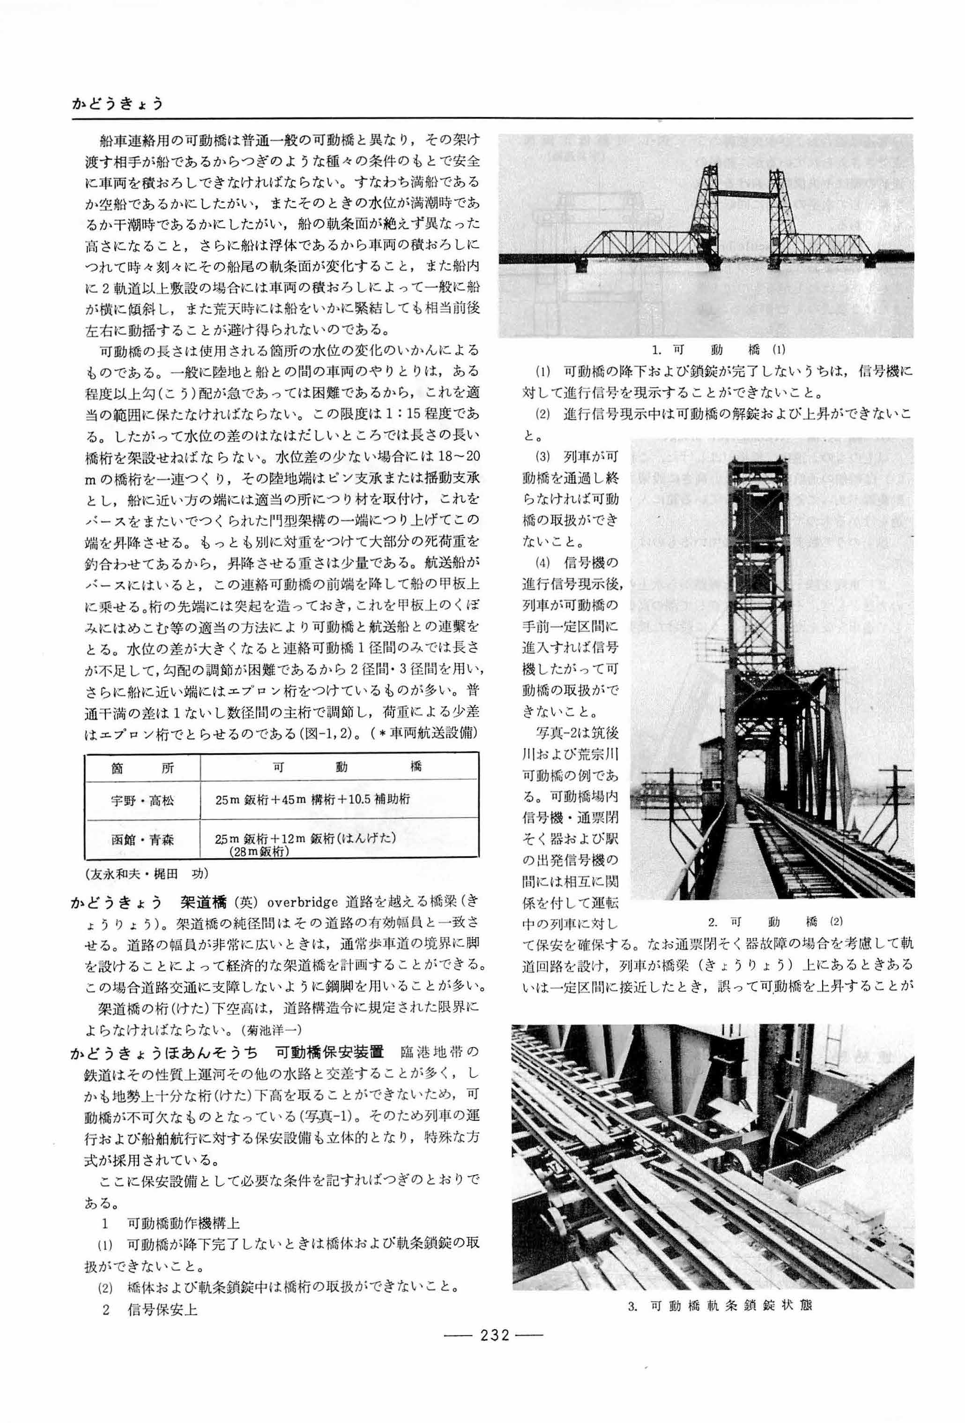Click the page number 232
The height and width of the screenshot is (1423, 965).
[494, 1351]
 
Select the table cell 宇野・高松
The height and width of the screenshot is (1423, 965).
[142, 800]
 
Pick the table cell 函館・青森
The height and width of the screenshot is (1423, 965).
[142, 839]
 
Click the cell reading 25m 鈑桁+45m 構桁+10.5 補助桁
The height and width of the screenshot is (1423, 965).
[313, 800]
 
